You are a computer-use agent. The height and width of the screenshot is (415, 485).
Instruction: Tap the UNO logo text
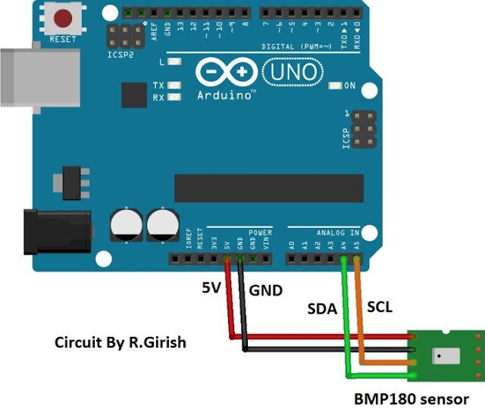pos(293,73)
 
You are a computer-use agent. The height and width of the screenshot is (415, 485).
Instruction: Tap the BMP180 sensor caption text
pos(411,399)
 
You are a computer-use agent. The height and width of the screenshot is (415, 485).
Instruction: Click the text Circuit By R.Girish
pos(120,342)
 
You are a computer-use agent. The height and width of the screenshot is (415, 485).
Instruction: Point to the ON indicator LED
pos(335,86)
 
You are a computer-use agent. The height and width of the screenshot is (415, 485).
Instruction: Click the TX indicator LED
pos(176,86)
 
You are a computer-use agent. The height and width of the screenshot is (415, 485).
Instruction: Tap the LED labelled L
pos(176,61)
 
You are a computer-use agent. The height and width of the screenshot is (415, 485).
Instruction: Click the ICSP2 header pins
pos(124,35)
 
